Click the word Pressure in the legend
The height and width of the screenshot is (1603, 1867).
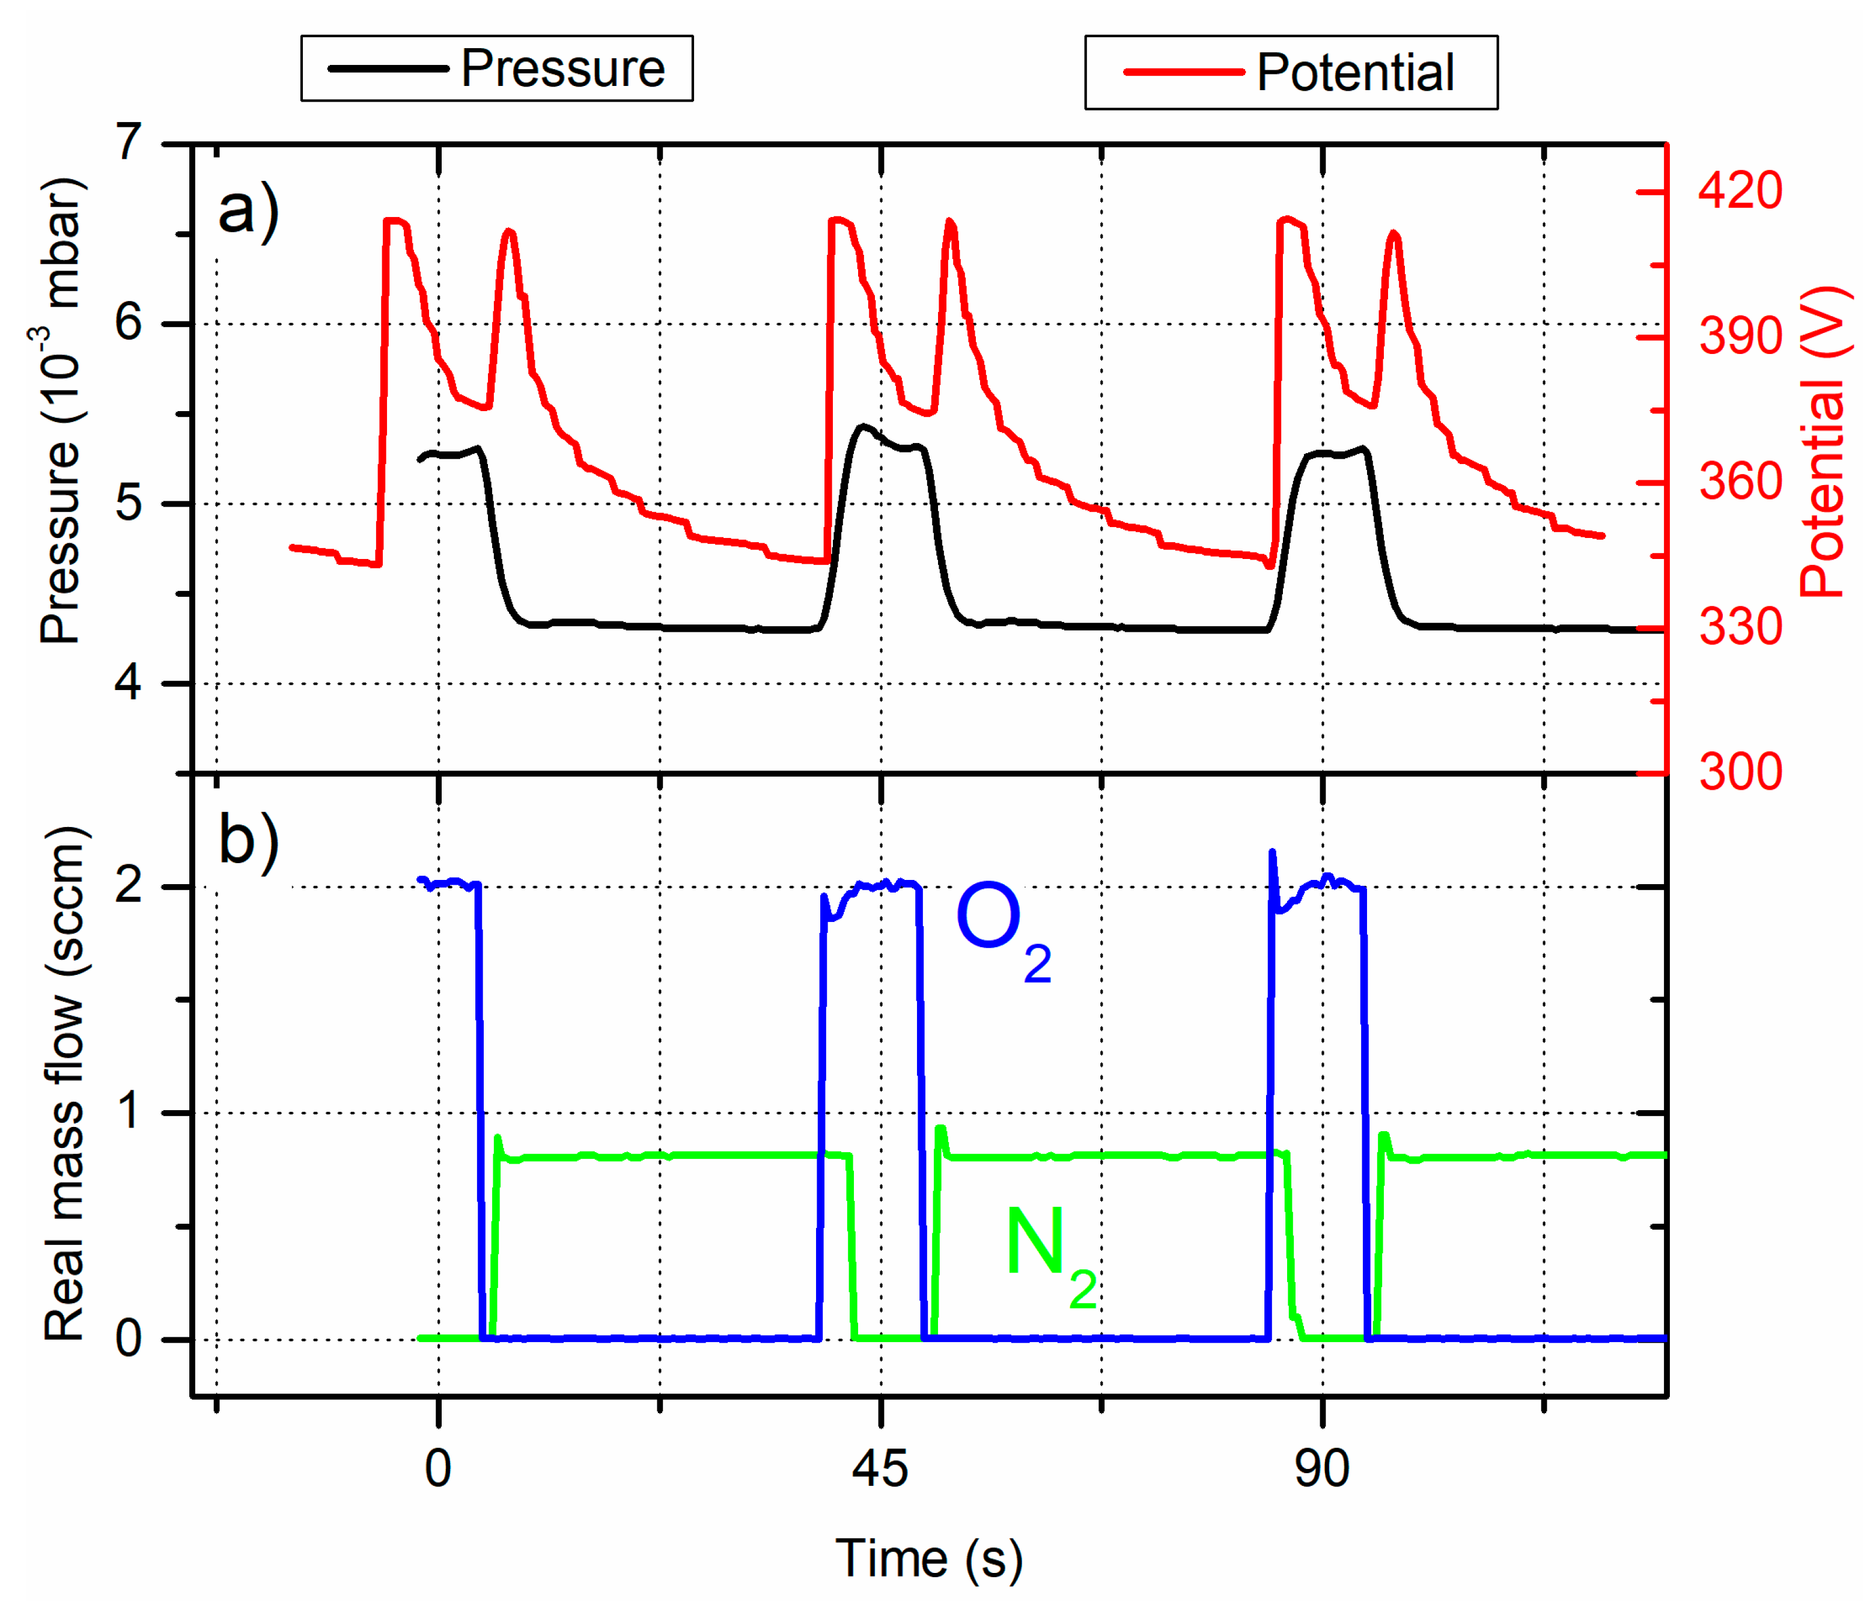562,69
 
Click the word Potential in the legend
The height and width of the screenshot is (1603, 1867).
1354,73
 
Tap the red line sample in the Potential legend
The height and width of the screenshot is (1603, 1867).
1183,72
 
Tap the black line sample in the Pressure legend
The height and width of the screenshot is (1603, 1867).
388,69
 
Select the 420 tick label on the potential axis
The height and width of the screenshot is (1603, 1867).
1739,191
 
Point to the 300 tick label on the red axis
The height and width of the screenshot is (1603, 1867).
1739,772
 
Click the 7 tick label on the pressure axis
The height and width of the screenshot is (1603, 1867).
129,142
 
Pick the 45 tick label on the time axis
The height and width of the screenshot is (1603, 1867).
880,1469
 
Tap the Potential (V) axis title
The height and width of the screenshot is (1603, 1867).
1822,442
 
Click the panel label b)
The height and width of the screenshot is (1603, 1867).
248,840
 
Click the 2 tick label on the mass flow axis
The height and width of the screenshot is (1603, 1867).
129,886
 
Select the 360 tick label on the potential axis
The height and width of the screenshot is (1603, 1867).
1739,482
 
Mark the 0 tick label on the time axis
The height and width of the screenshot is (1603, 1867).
438,1469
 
